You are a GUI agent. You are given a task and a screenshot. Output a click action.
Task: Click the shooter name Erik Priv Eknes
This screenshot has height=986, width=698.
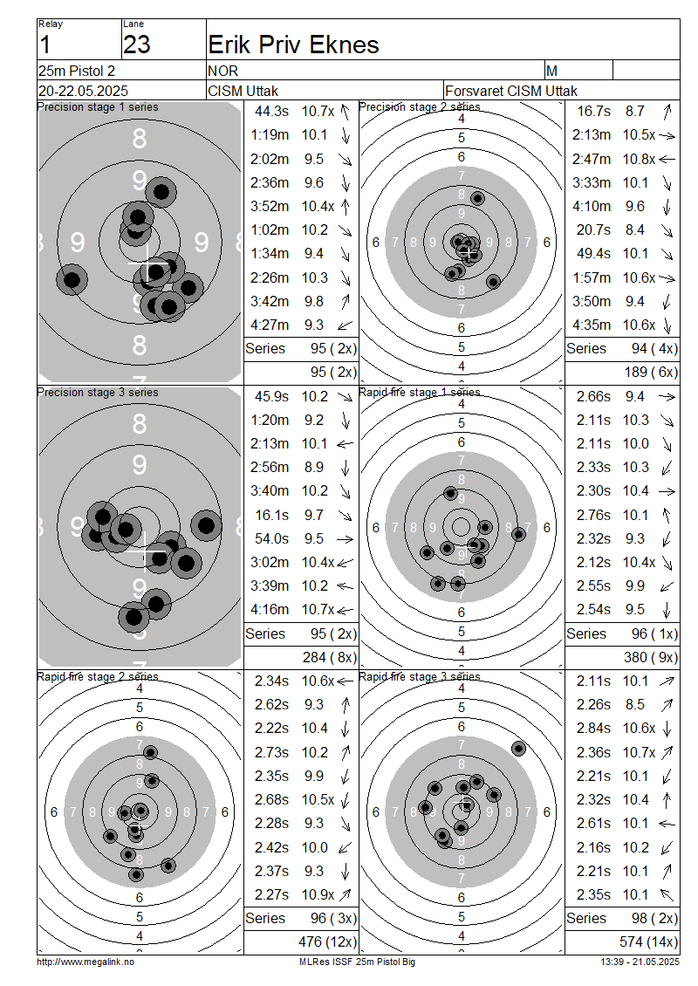pos(294,45)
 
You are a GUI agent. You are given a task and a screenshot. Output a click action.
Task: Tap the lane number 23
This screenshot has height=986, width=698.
pos(136,45)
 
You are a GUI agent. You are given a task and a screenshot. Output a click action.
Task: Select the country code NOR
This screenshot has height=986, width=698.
pos(222,71)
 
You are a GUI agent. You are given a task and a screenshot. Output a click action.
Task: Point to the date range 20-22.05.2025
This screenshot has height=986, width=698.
pos(83,91)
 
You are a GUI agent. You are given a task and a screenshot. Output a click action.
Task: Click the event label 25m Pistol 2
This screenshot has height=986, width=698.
pos(77,71)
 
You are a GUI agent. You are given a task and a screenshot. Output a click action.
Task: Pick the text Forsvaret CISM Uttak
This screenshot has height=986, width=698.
pos(511,91)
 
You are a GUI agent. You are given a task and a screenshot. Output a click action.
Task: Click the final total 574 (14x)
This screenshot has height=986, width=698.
pos(648,942)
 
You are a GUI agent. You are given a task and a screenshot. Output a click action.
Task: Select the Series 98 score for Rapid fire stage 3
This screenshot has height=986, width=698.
pos(654,918)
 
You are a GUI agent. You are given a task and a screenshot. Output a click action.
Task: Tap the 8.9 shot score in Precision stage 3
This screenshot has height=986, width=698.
pos(314,467)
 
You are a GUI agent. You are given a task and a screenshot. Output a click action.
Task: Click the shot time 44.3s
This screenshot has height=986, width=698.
pos(271,112)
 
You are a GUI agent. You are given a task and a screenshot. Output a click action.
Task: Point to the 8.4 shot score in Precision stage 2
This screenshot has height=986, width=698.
pos(634,230)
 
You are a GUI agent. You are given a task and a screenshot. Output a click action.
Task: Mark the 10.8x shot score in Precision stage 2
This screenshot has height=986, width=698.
pos(639,159)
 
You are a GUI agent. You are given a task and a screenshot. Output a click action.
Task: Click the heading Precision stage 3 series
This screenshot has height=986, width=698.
pos(98,393)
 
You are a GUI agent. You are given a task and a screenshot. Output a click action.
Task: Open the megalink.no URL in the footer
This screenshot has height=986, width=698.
pos(86,962)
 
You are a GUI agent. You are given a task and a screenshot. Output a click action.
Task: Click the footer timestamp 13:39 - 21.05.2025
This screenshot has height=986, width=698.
pos(640,962)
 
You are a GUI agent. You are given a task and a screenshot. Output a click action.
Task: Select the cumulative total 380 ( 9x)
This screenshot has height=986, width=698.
pos(651,658)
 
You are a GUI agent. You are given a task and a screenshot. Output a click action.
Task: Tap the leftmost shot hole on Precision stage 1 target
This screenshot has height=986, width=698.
pos(72,279)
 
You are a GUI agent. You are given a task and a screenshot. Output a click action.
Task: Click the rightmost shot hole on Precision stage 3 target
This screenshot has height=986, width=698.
pos(206,525)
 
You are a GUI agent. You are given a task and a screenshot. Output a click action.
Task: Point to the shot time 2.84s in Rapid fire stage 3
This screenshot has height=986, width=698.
pos(593,729)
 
